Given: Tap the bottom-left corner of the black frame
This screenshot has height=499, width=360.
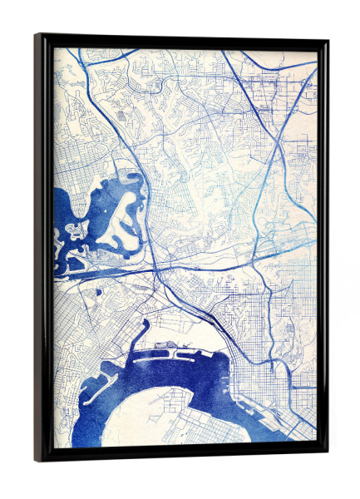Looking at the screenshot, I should point(37,459).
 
